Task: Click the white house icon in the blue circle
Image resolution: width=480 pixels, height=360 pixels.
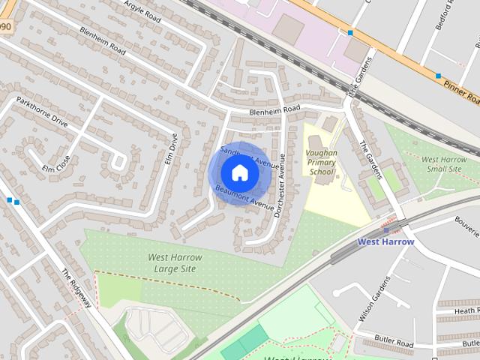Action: (239, 173)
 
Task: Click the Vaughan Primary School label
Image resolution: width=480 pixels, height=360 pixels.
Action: (322, 162)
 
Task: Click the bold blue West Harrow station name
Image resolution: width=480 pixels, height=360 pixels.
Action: (385, 241)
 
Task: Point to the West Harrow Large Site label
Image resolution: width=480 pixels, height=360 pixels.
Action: (174, 262)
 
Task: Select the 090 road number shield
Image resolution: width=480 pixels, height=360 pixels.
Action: (6, 26)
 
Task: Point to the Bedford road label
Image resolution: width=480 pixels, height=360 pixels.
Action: (444, 14)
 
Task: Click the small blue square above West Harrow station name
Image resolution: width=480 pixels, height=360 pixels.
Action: (385, 230)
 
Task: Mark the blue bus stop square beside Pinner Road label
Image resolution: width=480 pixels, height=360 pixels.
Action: (438, 76)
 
